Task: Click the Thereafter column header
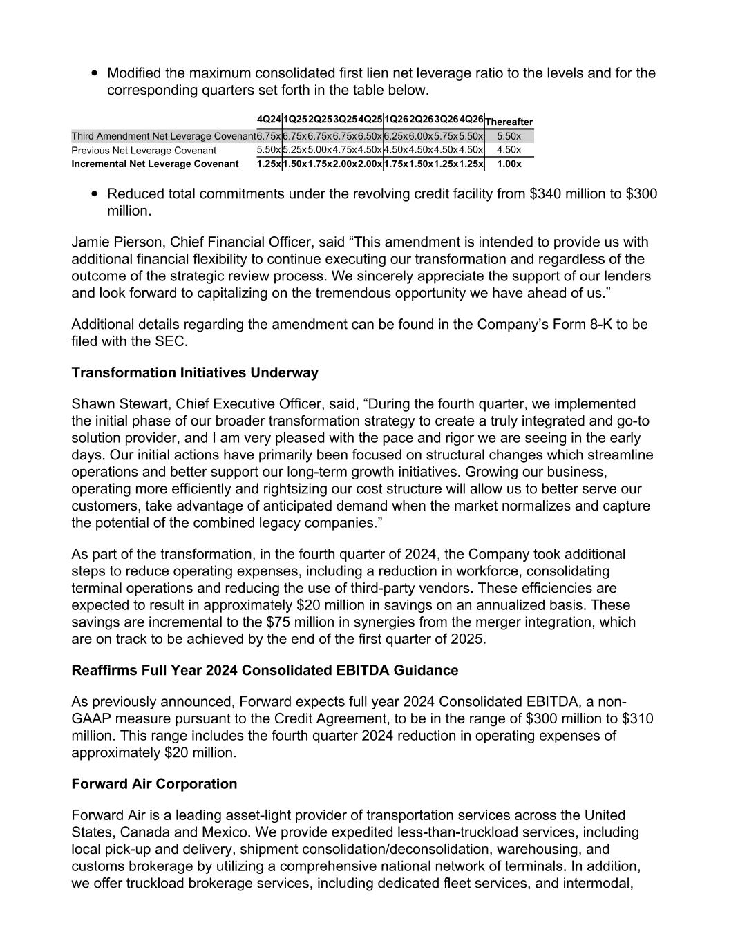[509, 122]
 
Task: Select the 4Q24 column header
[268, 120]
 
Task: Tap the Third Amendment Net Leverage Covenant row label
[163, 136]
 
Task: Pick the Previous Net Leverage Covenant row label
[144, 150]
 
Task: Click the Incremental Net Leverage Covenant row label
[155, 164]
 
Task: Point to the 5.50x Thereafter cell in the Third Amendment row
[509, 136]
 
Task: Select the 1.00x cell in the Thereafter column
[509, 164]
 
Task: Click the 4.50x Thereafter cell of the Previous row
[509, 150]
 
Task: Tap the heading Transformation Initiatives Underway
[195, 373]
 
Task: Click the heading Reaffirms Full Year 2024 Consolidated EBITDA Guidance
[265, 671]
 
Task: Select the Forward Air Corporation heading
[154, 784]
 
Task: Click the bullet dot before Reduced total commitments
[93, 194]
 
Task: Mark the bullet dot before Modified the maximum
[93, 73]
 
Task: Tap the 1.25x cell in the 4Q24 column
[268, 164]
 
